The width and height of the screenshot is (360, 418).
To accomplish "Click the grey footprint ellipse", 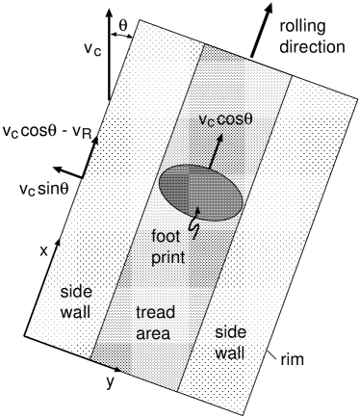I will point(199,193).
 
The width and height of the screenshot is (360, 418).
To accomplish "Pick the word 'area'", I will point(153,334).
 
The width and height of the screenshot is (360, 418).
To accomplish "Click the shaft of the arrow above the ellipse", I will point(212,154).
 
